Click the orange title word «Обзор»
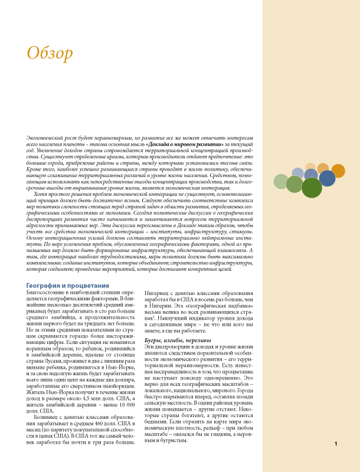[50, 53]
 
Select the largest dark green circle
[311, 188]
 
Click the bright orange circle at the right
[338, 171]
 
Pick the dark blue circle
[327, 178]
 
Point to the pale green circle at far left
[281, 182]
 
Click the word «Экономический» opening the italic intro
[48, 136]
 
